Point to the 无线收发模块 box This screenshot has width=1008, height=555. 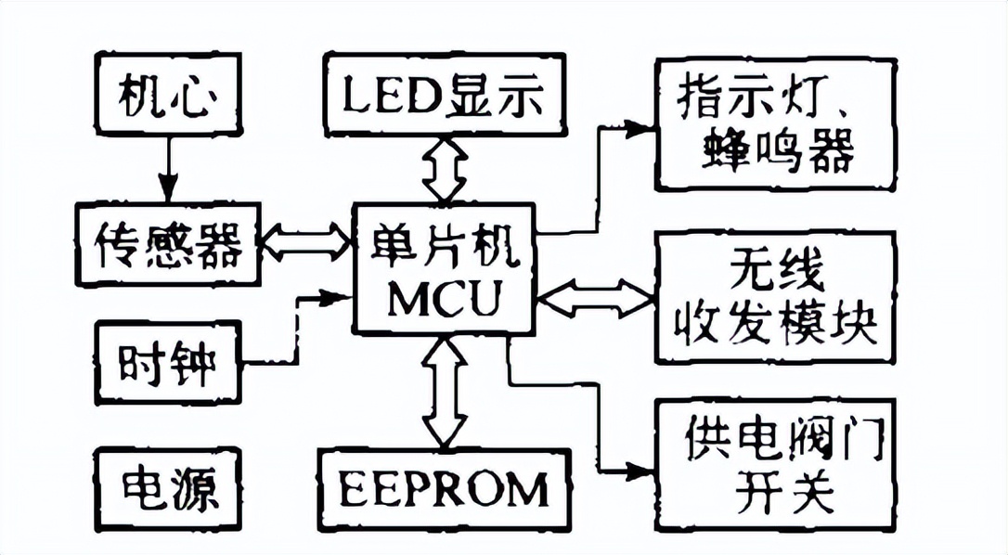tap(775, 297)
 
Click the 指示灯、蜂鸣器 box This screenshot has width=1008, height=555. tap(775, 125)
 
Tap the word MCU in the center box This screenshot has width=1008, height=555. tap(444, 300)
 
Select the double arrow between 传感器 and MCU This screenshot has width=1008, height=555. tap(304, 244)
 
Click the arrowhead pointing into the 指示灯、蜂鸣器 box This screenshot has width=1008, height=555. tap(640, 126)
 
